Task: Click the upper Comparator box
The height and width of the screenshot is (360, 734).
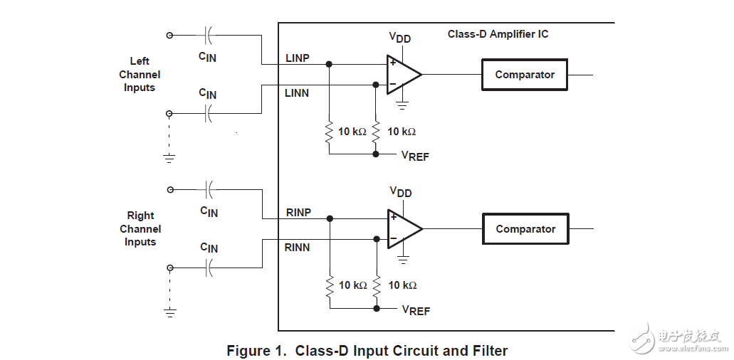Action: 525,75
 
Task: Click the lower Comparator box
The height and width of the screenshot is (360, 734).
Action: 525,229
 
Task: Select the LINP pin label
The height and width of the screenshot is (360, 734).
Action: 297,58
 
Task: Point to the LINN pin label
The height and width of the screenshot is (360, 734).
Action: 297,92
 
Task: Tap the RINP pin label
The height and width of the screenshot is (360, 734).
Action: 298,212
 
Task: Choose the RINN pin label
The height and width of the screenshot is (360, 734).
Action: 298,247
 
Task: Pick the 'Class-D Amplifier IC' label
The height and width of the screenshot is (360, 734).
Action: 498,34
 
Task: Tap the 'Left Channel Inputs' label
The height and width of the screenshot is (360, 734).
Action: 140,74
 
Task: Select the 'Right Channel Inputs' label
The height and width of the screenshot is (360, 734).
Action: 140,228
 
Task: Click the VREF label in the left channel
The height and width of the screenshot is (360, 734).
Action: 415,156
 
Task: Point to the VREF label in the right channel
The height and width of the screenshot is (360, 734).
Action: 416,310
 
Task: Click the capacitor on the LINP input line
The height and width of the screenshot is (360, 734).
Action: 208,34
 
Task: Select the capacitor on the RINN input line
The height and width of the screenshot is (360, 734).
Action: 209,268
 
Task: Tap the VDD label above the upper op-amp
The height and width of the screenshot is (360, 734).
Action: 399,38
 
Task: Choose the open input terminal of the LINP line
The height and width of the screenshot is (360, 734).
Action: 169,34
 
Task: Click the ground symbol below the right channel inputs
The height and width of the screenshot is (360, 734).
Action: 169,311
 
